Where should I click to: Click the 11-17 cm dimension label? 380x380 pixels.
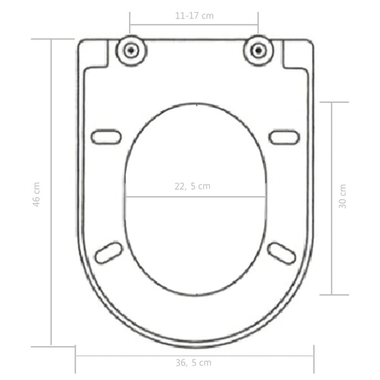point(194,16)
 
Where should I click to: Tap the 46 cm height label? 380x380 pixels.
point(37,193)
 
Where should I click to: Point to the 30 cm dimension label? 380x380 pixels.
point(342,196)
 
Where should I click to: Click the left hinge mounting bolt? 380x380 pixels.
point(131,51)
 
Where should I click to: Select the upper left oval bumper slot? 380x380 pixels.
point(106,136)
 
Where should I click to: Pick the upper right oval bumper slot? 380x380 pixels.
point(284,136)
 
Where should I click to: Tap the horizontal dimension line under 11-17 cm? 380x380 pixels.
point(194,24)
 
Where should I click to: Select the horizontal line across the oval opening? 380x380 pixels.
point(163,197)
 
